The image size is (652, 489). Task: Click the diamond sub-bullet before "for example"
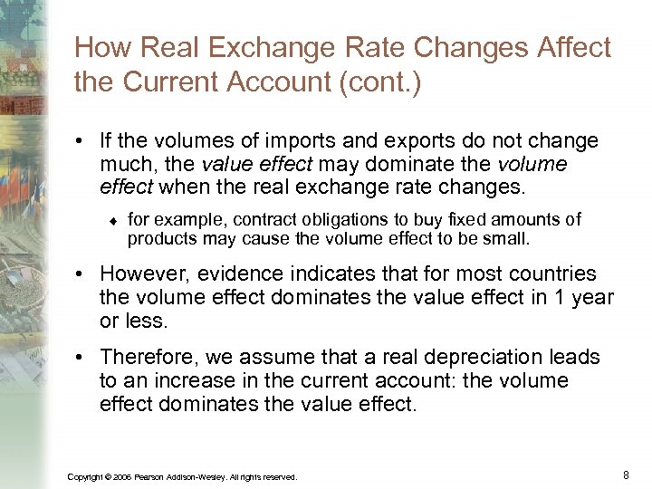click(x=113, y=219)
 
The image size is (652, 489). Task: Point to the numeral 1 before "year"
click(x=564, y=297)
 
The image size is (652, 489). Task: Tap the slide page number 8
click(x=627, y=475)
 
